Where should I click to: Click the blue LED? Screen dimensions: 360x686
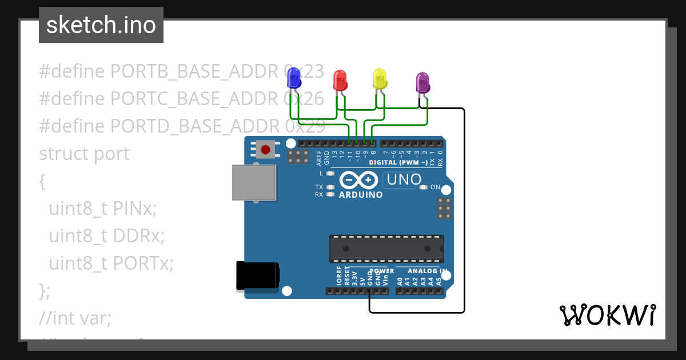point(294,78)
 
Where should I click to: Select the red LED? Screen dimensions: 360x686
point(340,80)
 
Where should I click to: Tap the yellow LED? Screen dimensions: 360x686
point(380,78)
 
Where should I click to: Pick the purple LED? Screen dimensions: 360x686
point(422,82)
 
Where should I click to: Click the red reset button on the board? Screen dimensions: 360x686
point(265,150)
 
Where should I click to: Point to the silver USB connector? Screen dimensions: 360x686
point(253,183)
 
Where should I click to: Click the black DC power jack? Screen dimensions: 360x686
point(258,276)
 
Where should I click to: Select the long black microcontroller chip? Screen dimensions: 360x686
point(386,249)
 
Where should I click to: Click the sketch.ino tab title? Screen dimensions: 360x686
point(101,25)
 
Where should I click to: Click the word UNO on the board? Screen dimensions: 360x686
point(404,179)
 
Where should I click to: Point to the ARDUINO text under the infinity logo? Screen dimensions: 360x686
point(361,195)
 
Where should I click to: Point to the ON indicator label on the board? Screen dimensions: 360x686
point(435,187)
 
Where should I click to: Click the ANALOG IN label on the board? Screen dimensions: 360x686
point(427,271)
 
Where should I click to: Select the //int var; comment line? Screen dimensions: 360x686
point(75,318)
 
